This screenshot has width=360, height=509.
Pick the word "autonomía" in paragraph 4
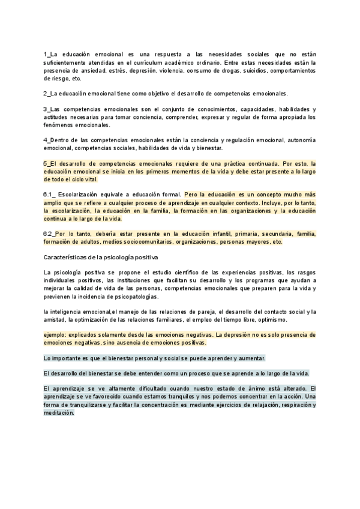[301, 140]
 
